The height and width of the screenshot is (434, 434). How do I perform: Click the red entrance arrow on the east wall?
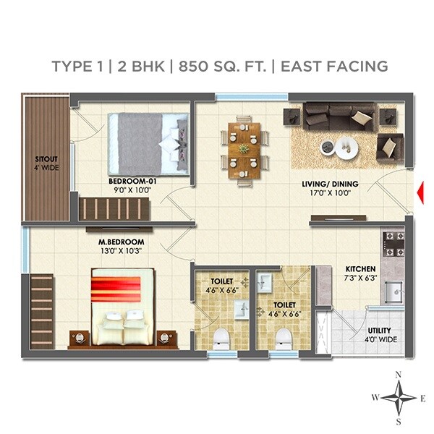420,192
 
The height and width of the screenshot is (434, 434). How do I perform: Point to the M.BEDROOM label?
122,242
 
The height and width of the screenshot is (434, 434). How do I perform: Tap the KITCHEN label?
359,269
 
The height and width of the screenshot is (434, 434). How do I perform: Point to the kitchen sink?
393,292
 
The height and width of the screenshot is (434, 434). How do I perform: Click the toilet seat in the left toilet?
222,338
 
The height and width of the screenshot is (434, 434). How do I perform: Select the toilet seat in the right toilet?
284,338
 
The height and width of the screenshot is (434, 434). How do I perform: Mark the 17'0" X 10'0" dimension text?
327,194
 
